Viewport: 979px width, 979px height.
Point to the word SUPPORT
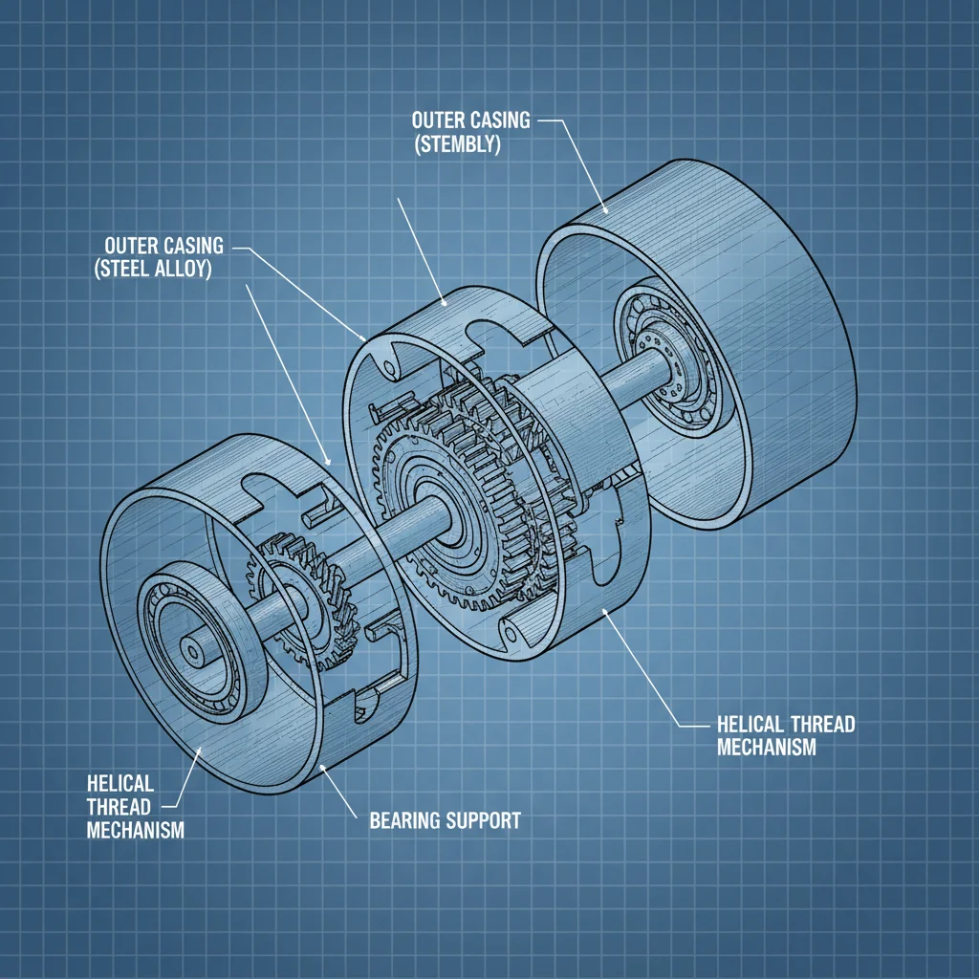[483, 820]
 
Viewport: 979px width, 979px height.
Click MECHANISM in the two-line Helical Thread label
[767, 747]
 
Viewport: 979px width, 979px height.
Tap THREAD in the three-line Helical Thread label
[119, 807]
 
